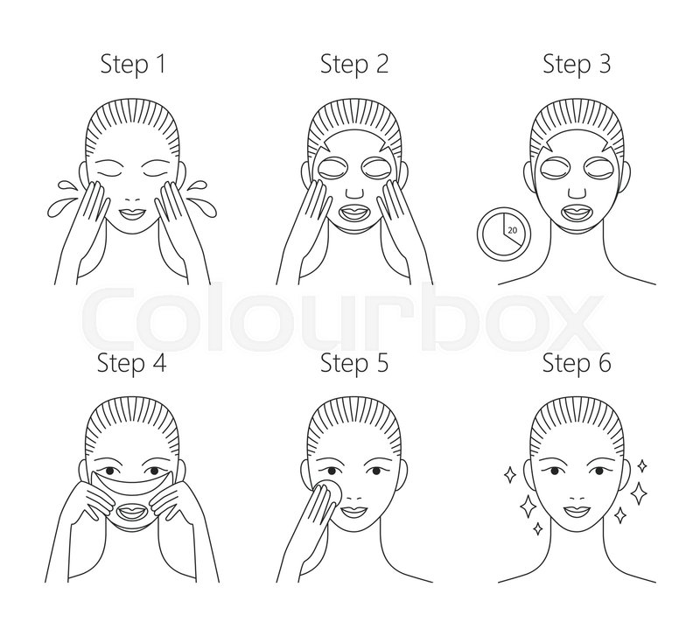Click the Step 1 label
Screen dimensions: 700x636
pyautogui.click(x=133, y=64)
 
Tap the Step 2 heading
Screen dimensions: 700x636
pyautogui.click(x=354, y=64)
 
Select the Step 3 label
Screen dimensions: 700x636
pyautogui.click(x=577, y=64)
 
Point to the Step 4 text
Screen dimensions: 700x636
pyautogui.click(x=132, y=363)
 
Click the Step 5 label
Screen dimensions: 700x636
pyautogui.click(x=354, y=363)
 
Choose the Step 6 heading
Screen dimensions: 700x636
pyautogui.click(x=577, y=363)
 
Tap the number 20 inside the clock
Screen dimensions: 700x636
pyautogui.click(x=512, y=230)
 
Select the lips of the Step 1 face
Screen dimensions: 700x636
pyautogui.click(x=133, y=213)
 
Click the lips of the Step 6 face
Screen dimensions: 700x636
pyautogui.click(x=576, y=512)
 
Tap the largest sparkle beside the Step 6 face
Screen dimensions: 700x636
pyautogui.click(x=639, y=493)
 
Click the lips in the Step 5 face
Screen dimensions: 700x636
pyautogui.click(x=353, y=512)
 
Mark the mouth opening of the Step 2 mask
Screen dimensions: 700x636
pyautogui.click(x=353, y=213)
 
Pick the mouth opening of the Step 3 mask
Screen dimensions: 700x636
pyautogui.click(x=576, y=213)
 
